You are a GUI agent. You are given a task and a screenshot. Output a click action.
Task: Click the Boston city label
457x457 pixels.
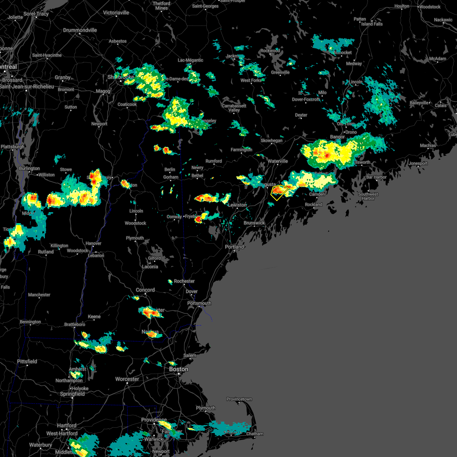(179, 369)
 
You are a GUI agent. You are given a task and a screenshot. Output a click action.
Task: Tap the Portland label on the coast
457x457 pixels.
(234, 247)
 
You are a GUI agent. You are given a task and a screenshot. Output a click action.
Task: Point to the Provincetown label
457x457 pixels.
(239, 399)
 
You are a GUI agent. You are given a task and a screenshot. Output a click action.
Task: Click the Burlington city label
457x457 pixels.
(29, 168)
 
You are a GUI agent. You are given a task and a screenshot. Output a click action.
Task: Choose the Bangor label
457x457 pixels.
(337, 137)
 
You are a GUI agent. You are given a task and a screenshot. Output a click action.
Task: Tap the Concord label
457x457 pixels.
(145, 290)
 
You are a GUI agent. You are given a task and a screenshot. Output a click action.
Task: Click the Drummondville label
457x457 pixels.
(80, 30)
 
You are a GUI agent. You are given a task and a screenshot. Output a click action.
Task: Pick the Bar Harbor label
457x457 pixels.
(376, 177)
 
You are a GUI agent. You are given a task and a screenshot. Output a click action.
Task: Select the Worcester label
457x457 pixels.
(127, 379)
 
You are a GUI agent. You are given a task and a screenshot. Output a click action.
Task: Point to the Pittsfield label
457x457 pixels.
(27, 361)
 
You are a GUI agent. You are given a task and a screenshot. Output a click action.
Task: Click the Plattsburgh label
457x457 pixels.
(13, 147)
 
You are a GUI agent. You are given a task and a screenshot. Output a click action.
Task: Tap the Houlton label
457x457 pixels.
(402, 6)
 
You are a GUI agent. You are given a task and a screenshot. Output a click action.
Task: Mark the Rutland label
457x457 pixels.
(46, 252)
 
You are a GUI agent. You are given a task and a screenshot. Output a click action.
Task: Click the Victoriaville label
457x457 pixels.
(116, 13)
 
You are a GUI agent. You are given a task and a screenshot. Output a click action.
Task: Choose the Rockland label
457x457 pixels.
(313, 205)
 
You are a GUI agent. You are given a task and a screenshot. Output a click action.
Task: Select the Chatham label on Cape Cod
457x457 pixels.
(255, 434)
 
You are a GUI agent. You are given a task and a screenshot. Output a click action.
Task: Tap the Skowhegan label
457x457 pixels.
(272, 141)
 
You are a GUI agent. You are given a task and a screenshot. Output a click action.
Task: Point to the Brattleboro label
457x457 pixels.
(75, 324)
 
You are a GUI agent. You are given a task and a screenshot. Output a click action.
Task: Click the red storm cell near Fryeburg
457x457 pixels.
(198, 219)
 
